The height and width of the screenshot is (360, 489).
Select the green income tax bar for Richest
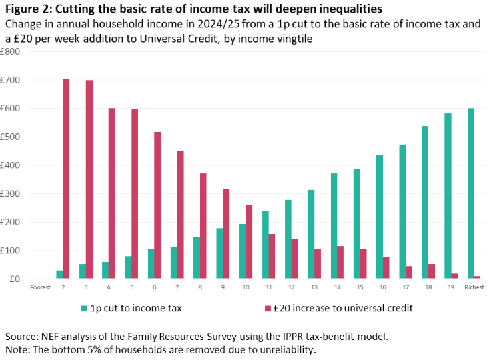[470, 193]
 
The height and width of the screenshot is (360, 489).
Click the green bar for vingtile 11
[266, 245]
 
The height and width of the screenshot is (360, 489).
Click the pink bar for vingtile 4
[112, 193]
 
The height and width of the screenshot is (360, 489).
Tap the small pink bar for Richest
[477, 277]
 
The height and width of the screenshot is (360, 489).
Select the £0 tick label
[15, 279]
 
